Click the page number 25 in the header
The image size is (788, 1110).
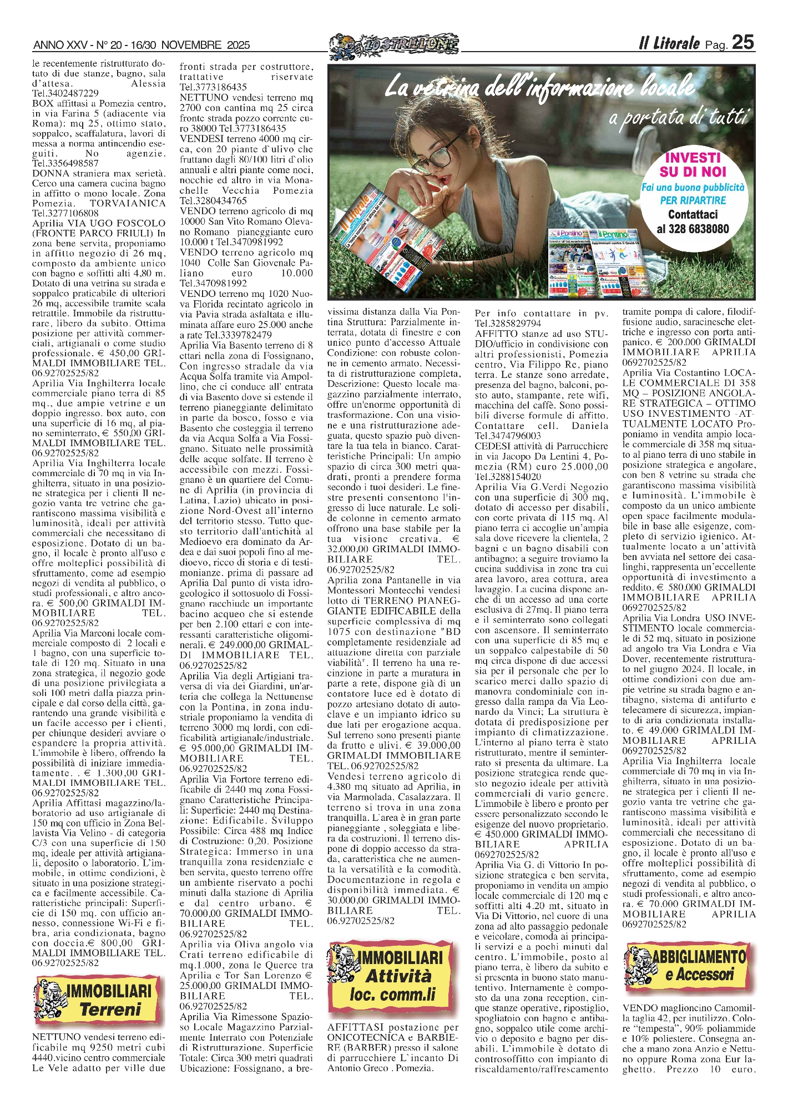(743, 42)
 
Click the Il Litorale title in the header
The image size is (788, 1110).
(668, 44)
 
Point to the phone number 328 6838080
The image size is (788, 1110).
(693, 229)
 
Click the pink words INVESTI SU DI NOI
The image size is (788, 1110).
(692, 165)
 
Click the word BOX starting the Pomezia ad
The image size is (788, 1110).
(42, 103)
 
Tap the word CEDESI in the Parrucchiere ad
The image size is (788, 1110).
(492, 446)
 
